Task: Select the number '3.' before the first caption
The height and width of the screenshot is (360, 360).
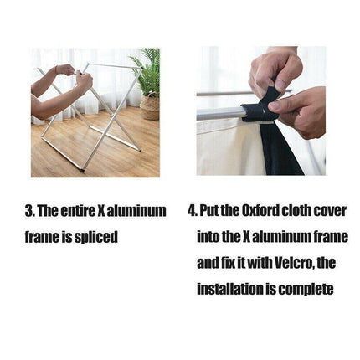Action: (30, 211)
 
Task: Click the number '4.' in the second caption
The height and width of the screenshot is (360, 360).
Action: (193, 211)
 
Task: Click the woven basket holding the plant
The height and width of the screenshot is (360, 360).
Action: (150, 107)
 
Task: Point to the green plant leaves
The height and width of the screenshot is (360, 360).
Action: (147, 70)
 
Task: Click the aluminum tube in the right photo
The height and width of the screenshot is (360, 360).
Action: (219, 113)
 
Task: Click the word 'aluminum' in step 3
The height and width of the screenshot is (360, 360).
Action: (136, 211)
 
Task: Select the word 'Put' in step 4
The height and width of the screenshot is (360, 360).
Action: (209, 211)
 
